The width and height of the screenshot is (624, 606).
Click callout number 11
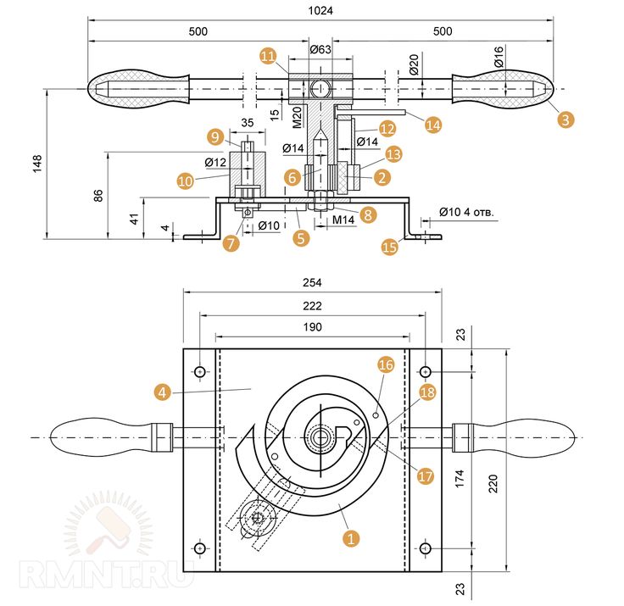(269, 56)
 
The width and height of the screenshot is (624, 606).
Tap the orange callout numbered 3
(565, 119)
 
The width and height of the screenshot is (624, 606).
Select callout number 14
(433, 124)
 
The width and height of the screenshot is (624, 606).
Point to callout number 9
(215, 136)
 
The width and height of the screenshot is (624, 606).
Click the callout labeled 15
(389, 247)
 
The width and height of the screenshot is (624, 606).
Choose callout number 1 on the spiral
(348, 537)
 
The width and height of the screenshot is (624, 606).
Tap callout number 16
(386, 364)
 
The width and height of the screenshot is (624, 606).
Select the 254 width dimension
(312, 283)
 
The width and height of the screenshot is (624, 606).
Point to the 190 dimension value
(311, 326)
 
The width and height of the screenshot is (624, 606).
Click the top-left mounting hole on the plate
(199, 371)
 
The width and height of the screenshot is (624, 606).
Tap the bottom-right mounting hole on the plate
(426, 548)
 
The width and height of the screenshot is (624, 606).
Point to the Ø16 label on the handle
(499, 62)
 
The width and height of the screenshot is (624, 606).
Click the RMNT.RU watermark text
(109, 575)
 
